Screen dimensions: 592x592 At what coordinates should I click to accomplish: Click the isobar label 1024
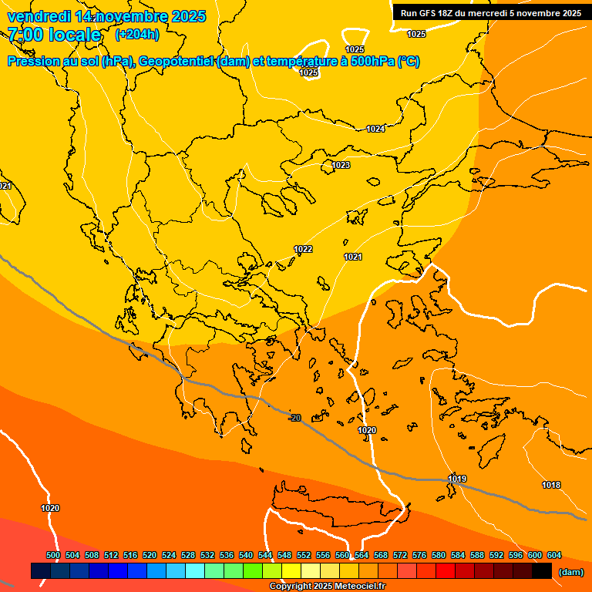click(375, 129)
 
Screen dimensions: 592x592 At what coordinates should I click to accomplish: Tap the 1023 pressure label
click(341, 166)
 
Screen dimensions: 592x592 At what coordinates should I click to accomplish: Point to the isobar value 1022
click(303, 249)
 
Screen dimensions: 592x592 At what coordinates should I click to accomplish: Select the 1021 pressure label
click(353, 257)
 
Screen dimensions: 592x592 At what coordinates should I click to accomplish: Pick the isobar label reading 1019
click(457, 479)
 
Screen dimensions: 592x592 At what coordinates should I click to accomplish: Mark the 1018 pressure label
click(551, 485)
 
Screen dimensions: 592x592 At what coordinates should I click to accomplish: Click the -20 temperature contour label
click(294, 418)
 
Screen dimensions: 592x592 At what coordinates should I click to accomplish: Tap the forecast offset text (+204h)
click(137, 34)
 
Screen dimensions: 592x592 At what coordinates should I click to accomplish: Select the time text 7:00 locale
click(54, 35)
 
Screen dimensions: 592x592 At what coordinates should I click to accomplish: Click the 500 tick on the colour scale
click(53, 555)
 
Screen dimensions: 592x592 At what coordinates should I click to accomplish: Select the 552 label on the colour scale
click(304, 555)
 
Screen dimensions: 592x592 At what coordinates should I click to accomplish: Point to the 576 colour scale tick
click(419, 555)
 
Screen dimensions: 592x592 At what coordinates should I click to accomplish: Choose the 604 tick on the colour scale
click(554, 555)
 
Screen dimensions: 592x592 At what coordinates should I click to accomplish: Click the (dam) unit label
click(570, 571)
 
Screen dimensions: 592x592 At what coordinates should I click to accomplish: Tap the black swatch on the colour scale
click(541, 571)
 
